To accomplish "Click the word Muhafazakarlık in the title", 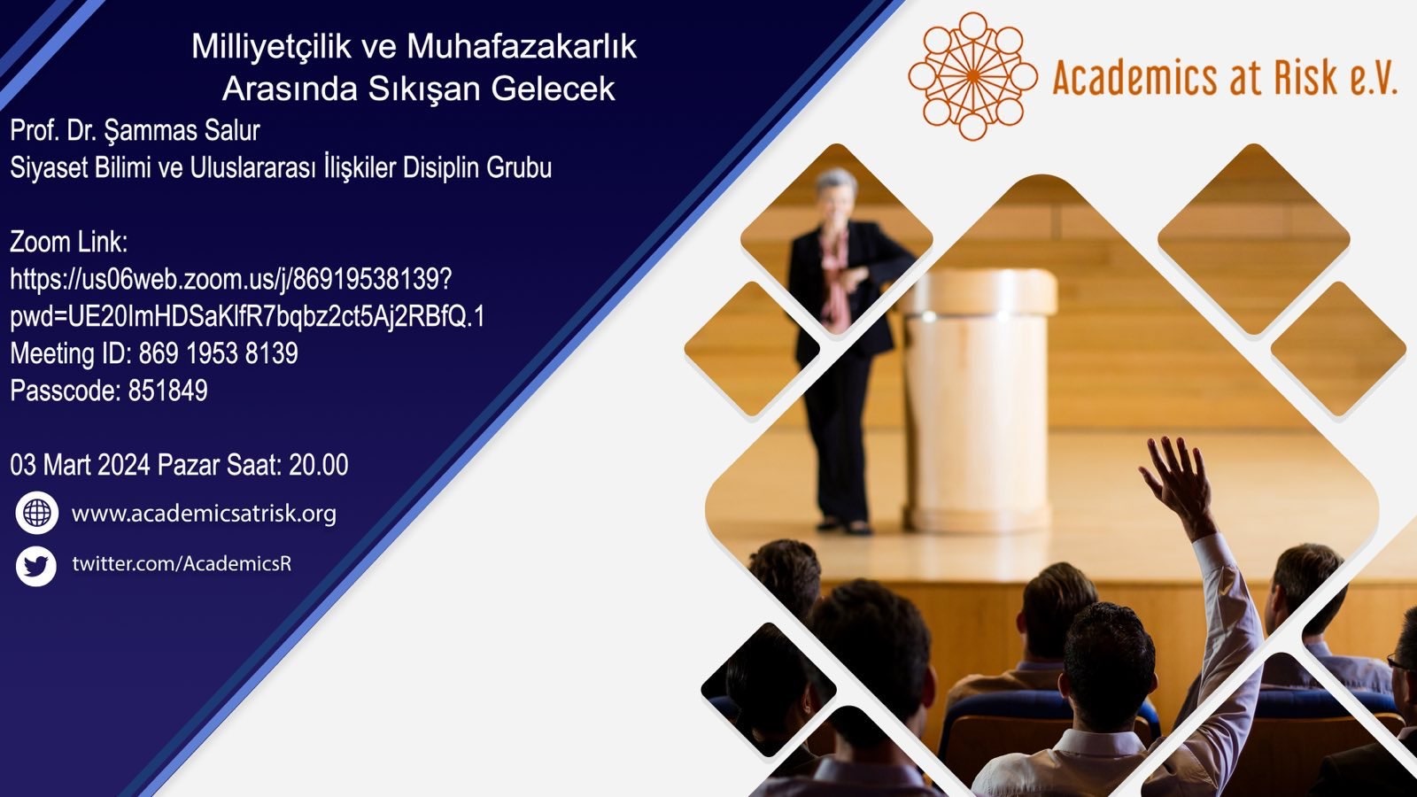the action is point(522,47).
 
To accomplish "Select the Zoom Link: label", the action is point(69,243).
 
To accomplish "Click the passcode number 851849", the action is point(167,391).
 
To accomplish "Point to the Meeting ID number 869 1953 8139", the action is point(218,353).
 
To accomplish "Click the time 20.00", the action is point(318,465).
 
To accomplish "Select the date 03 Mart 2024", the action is point(81,465).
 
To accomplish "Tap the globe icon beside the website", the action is point(36,513).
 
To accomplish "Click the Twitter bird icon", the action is point(36,566).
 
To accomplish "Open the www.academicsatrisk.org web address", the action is point(204,513).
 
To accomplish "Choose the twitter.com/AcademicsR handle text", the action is point(182,563).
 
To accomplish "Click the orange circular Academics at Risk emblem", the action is point(973,76).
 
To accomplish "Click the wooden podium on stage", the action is point(980,398).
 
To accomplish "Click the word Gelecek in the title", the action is point(553,89).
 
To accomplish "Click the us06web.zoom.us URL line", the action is point(231,280).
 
